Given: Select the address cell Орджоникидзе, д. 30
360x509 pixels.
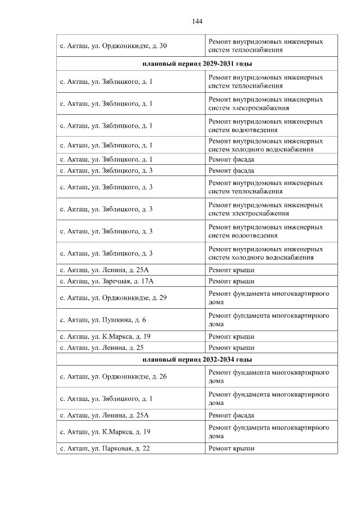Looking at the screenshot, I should pos(113,46).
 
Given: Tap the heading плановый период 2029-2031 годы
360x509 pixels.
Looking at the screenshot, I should pos(197,64).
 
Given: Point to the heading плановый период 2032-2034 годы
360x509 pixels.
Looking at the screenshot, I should pos(197,359).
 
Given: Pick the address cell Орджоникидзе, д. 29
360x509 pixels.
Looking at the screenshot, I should pos(113,298).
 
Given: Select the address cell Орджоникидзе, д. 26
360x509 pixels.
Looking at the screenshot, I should pos(113,376).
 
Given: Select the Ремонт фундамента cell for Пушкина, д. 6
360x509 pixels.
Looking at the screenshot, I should pos(268,320).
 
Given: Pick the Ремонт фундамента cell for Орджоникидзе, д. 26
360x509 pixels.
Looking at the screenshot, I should pos(268,376).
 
